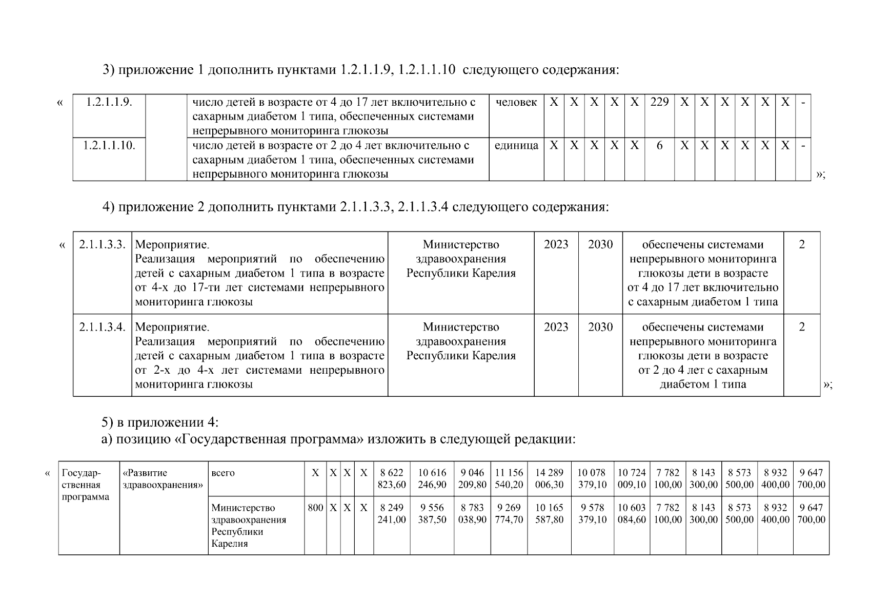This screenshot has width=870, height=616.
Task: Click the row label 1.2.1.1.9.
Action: tap(109, 102)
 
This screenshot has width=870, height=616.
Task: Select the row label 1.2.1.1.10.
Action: tap(109, 146)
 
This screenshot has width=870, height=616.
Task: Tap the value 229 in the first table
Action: tap(659, 102)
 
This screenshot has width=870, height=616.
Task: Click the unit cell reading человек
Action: tap(516, 102)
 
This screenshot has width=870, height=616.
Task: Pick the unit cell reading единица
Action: tap(516, 146)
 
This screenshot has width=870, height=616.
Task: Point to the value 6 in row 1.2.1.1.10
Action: tap(659, 146)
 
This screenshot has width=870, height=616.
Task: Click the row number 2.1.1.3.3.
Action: tap(103, 245)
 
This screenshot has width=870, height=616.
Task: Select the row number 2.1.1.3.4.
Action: tap(103, 328)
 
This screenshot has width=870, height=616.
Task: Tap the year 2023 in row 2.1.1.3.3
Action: tap(556, 245)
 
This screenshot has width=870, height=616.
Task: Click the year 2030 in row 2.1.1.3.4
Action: tap(600, 328)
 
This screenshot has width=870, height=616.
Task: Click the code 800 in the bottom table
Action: tap(315, 508)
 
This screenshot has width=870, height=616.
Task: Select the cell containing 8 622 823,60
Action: tap(392, 478)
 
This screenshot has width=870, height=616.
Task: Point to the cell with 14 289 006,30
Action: tap(549, 478)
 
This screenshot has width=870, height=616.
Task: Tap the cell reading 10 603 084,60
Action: tap(632, 513)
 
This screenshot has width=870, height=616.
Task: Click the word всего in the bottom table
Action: tap(223, 473)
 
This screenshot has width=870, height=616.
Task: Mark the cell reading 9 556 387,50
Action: tap(432, 513)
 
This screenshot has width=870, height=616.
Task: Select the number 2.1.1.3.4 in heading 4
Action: tap(423, 207)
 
